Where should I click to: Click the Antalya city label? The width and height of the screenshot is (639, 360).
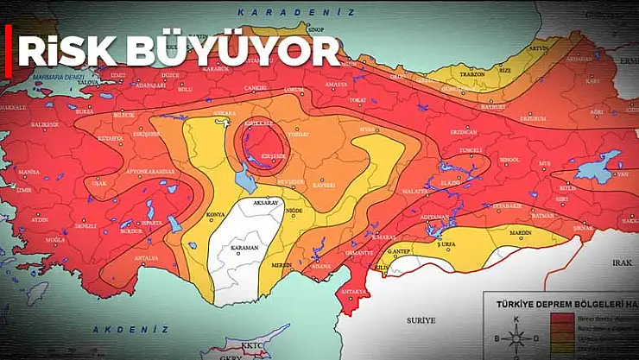click(x=147, y=258)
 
